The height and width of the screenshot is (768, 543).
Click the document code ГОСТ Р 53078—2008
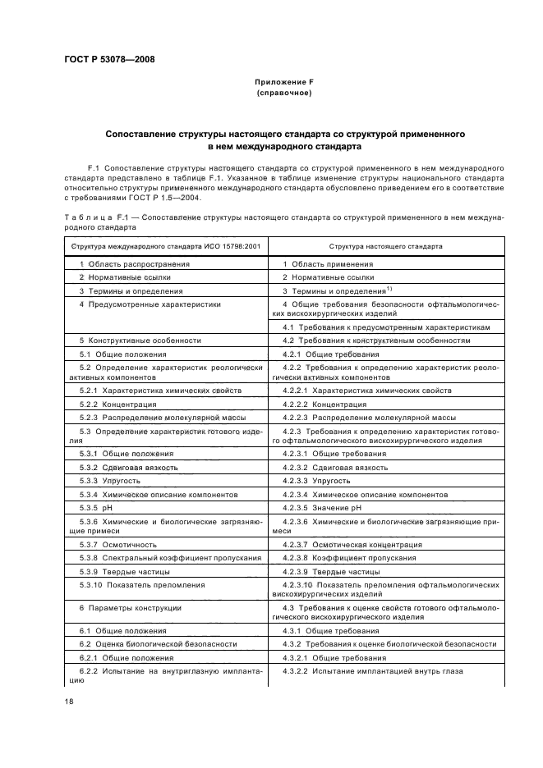[x=109, y=60]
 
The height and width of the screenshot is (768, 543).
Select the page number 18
[x=70, y=702]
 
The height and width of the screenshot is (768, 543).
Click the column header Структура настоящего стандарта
[x=385, y=245]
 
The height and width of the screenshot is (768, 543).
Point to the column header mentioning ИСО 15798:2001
[x=165, y=245]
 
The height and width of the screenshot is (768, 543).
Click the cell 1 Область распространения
[x=135, y=264]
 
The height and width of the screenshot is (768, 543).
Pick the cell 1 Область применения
[x=328, y=264]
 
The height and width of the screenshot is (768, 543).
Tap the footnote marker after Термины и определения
[x=389, y=289]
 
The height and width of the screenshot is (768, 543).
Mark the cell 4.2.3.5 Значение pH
[x=328, y=508]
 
